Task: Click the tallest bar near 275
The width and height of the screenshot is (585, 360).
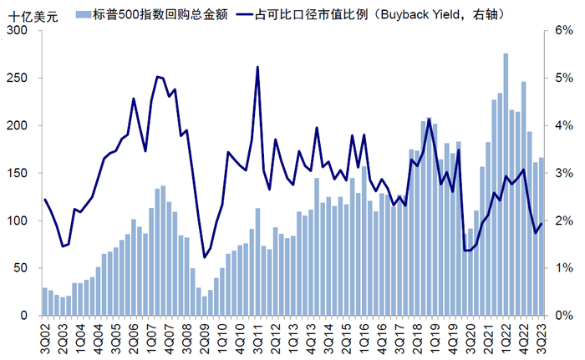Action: click(506, 185)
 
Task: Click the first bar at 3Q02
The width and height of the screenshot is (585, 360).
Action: click(44, 302)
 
